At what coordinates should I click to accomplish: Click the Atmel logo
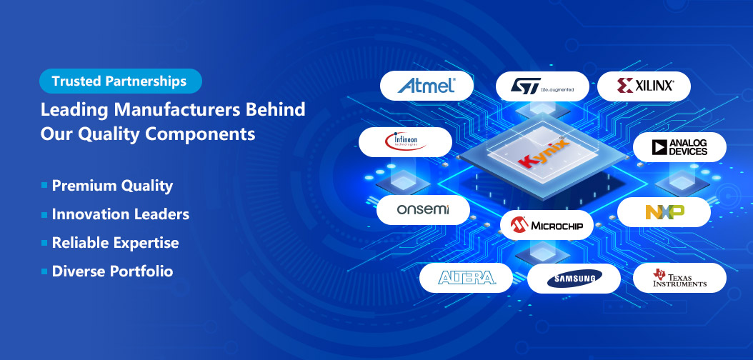[x=427, y=86]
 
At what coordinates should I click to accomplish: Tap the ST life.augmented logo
[x=542, y=86]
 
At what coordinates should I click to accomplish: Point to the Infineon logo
[x=405, y=141]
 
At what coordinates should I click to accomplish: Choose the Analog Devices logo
[x=679, y=147]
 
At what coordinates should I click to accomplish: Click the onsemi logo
[x=423, y=210]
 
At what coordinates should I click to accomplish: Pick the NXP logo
[x=664, y=211]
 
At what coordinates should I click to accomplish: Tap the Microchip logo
[x=547, y=224]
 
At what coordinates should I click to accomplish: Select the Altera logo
[x=466, y=277]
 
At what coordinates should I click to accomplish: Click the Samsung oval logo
[x=574, y=279]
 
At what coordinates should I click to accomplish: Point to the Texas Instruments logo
[x=679, y=278]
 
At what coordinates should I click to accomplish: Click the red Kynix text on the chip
[x=544, y=153]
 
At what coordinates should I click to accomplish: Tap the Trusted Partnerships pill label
[x=121, y=81]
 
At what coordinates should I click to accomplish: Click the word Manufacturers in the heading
[x=177, y=109]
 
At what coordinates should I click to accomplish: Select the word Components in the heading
[x=200, y=134]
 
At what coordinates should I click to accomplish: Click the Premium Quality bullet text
[x=112, y=186]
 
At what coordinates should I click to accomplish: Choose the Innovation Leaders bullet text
[x=121, y=214]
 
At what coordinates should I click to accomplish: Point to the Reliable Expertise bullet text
[x=115, y=243]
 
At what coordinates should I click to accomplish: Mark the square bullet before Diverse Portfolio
[x=45, y=271]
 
